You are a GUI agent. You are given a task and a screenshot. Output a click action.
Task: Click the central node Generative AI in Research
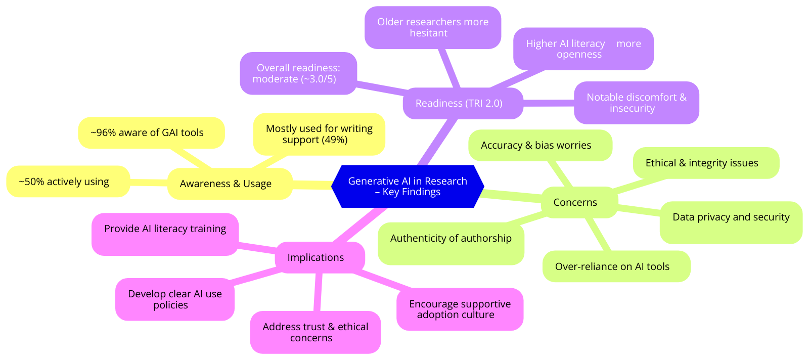pos(408,186)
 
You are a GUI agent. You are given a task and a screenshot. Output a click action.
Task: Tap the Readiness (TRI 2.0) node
pos(459,103)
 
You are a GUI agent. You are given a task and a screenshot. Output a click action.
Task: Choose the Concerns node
pos(575,202)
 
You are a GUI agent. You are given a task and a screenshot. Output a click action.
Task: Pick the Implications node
pos(316,257)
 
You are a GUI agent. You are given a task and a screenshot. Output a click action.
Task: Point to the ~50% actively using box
pos(64,182)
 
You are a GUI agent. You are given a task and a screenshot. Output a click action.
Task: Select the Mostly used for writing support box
pos(319,134)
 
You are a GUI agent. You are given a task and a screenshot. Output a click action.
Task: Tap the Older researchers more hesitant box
pos(433,27)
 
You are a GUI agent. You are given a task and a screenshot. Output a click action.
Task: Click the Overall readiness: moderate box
pos(298,73)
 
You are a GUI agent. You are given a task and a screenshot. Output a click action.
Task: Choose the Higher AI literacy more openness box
pos(583,49)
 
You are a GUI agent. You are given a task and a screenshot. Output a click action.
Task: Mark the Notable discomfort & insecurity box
pos(636,103)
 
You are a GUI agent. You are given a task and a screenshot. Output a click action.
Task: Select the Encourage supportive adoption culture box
pos(460,309)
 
